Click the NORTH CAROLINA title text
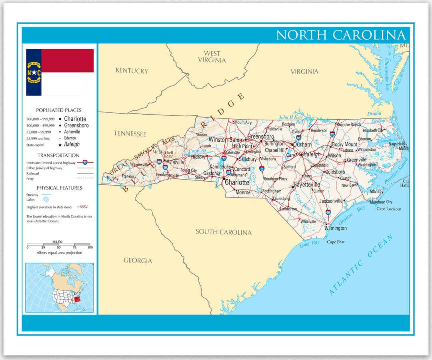pyautogui.click(x=341, y=35)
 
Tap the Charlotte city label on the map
pyautogui.click(x=237, y=182)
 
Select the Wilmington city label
pyautogui.click(x=336, y=228)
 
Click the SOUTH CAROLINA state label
pyautogui.click(x=224, y=232)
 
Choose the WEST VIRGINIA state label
pyautogui.click(x=212, y=57)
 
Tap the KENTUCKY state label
pyautogui.click(x=132, y=71)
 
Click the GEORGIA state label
pyautogui.click(x=138, y=261)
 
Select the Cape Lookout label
pyautogui.click(x=388, y=209)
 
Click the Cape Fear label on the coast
pyautogui.click(x=336, y=242)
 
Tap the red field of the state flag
pyautogui.click(x=67, y=60)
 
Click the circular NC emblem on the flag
pyautogui.click(x=34, y=72)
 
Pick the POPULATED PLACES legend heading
pyautogui.click(x=59, y=110)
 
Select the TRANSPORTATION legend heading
pyautogui.click(x=59, y=155)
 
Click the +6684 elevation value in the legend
pyautogui.click(x=82, y=207)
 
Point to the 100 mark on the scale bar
pyautogui.click(x=90, y=248)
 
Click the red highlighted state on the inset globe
pyautogui.click(x=78, y=298)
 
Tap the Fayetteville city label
pyautogui.click(x=307, y=185)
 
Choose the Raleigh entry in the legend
pyautogui.click(x=72, y=144)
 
